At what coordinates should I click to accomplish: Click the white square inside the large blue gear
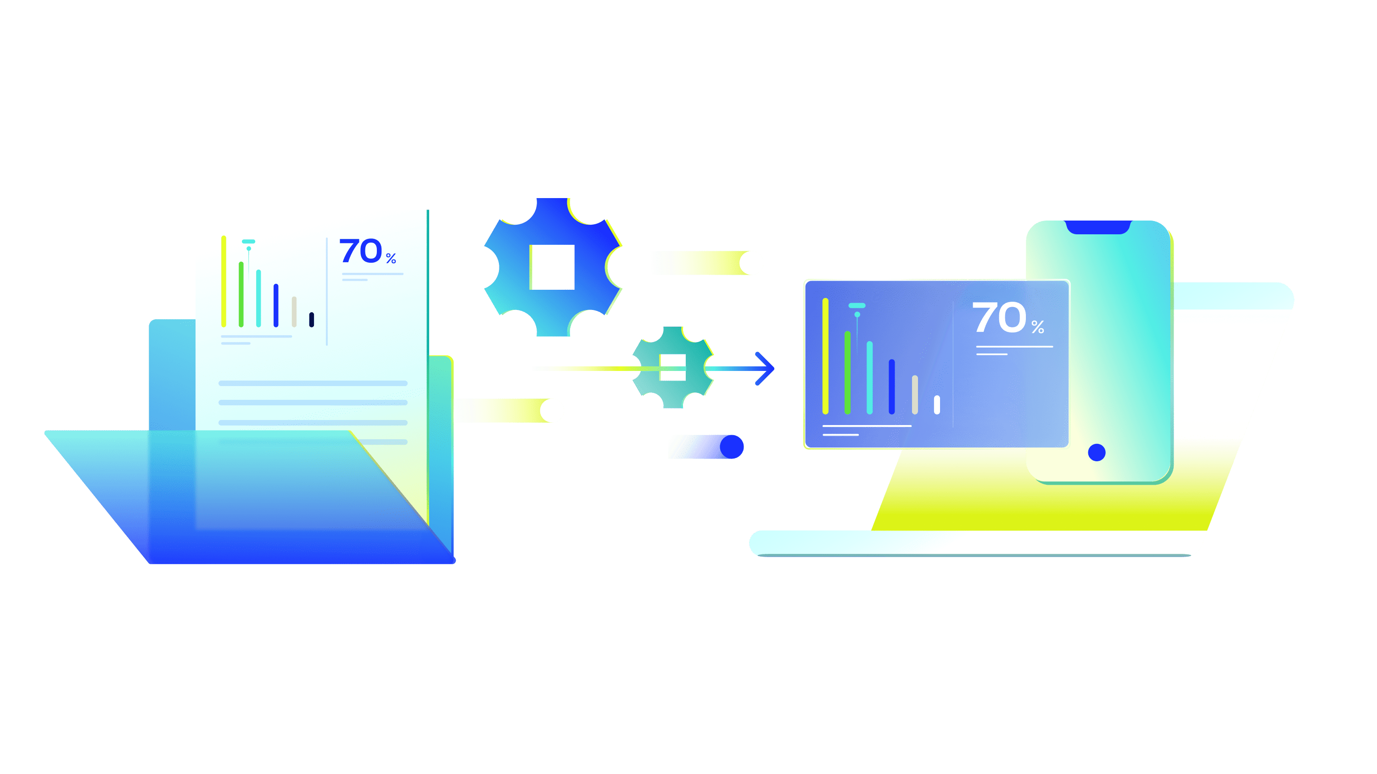(552, 267)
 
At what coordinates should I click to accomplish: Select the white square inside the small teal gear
(672, 367)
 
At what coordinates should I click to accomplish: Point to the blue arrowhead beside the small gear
(765, 368)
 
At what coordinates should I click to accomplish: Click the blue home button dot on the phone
(1097, 453)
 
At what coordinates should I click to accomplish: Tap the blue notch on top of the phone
(1098, 227)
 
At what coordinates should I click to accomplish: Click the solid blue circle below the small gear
(732, 447)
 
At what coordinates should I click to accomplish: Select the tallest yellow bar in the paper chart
(224, 281)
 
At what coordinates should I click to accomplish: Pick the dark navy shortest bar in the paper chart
(312, 320)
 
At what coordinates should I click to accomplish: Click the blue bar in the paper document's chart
(276, 305)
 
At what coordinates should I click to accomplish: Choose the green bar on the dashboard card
(847, 372)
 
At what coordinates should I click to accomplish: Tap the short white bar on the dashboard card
(936, 404)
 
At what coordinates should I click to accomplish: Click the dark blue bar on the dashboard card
(892, 386)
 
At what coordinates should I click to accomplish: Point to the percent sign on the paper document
(391, 259)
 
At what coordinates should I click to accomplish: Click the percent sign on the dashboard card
(1037, 327)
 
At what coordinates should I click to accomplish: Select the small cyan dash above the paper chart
(249, 242)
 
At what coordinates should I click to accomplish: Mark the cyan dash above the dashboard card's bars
(857, 305)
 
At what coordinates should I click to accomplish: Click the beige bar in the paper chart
(294, 311)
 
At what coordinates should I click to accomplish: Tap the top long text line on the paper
(313, 383)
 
